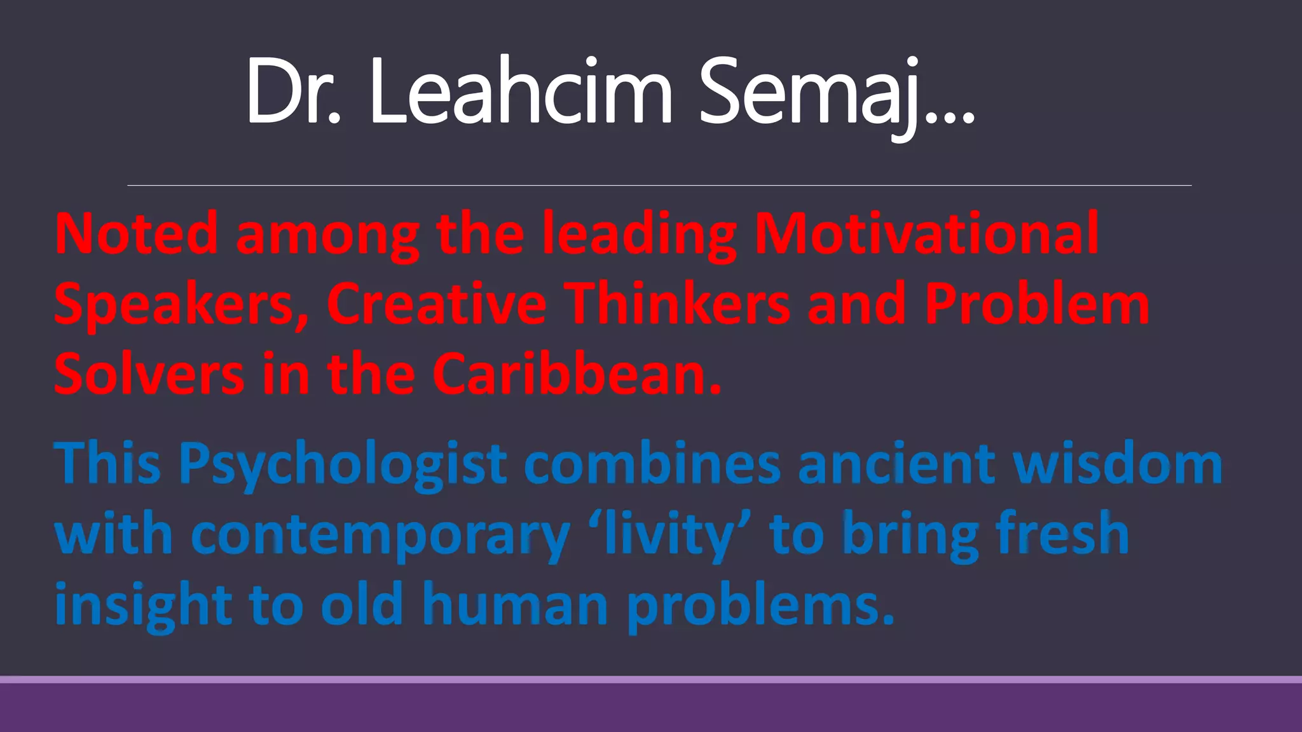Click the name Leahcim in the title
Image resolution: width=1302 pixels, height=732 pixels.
(520, 92)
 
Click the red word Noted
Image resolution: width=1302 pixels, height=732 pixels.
(137, 234)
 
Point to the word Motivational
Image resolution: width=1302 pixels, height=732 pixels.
(926, 234)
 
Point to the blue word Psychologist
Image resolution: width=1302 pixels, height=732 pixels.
(343, 464)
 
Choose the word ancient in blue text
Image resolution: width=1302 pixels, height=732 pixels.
(896, 464)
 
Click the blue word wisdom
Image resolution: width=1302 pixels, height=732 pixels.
(1118, 464)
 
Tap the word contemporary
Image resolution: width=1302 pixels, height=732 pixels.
(380, 535)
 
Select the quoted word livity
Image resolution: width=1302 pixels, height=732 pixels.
(669, 535)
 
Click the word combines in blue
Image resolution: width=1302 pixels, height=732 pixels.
(652, 464)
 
